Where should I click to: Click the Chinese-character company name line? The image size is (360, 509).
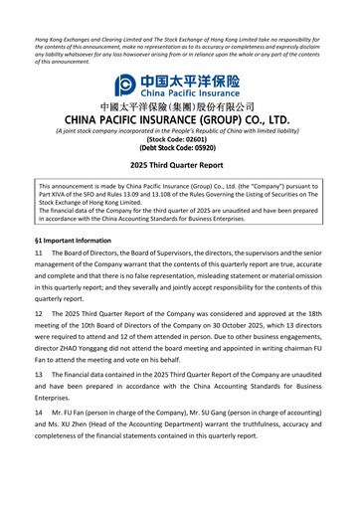[179, 106]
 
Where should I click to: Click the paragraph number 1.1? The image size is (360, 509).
[39, 255]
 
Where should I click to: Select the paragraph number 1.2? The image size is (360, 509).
[39, 313]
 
